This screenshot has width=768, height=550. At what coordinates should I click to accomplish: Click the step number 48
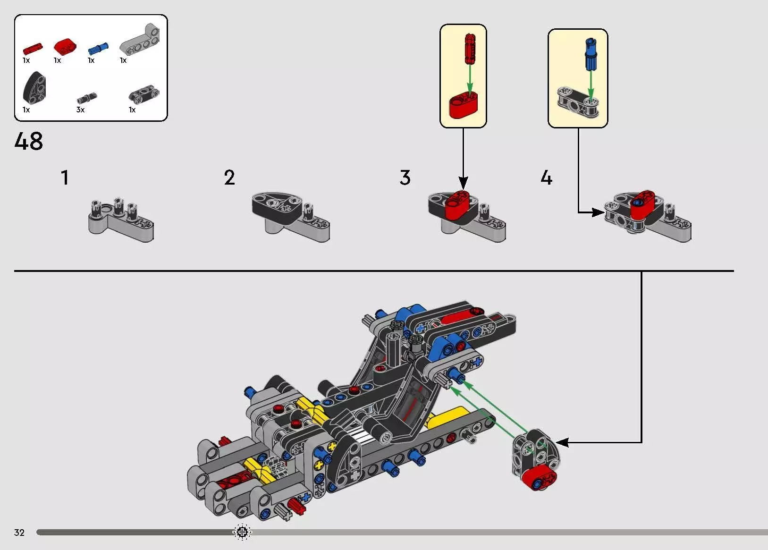pos(28,141)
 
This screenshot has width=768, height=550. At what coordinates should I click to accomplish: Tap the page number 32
pos(19,533)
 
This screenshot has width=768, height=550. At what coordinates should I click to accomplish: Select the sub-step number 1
pos(65,178)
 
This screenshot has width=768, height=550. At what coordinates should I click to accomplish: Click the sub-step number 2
pos(229,178)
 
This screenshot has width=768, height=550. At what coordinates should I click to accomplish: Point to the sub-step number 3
pos(405,178)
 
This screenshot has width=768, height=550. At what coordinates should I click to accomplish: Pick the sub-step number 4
pos(546,178)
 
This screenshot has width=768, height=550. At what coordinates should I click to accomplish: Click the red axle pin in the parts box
pos(32,48)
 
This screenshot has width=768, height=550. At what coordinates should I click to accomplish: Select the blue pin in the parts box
pos(98,48)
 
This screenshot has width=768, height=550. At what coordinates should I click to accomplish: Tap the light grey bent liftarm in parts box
pos(140,40)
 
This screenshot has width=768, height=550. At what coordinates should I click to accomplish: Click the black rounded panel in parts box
pos(34,88)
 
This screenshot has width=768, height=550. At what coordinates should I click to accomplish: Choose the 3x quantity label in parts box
pos(80,110)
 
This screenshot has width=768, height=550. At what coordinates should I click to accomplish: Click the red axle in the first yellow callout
pos(470,48)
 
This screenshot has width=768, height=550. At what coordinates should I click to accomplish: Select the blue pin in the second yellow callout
pos(590,54)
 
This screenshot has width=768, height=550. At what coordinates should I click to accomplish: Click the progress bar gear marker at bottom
pos(242,533)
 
